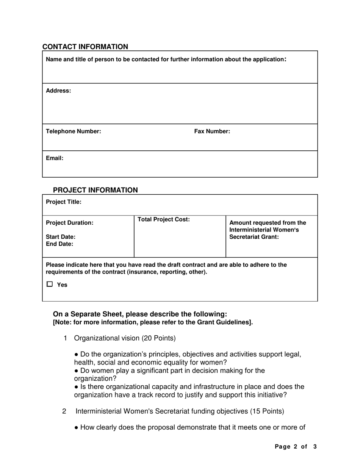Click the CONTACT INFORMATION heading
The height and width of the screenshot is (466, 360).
[x=85, y=47]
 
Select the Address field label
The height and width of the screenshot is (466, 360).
[x=58, y=91]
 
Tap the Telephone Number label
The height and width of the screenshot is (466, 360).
[x=74, y=131]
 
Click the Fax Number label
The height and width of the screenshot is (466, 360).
[x=212, y=131]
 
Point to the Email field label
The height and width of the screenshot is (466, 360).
[x=55, y=158]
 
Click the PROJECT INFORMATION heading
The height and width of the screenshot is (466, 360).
[x=95, y=190]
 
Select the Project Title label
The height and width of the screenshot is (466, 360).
[x=64, y=202]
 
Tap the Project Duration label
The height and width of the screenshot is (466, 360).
[x=70, y=223]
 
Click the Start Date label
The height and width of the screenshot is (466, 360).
[x=61, y=237]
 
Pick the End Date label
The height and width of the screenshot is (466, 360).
[x=59, y=244]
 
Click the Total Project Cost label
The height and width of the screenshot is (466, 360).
[x=164, y=219]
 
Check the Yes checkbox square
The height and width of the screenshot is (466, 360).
[x=50, y=284]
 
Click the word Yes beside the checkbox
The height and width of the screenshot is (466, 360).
[x=62, y=285]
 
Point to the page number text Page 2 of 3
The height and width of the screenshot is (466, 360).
[x=295, y=447]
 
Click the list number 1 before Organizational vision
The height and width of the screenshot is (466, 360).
[x=66, y=338]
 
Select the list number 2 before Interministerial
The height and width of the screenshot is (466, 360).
[x=64, y=411]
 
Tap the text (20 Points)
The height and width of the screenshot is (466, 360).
[x=158, y=338]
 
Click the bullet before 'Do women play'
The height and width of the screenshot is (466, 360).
[x=77, y=371]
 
